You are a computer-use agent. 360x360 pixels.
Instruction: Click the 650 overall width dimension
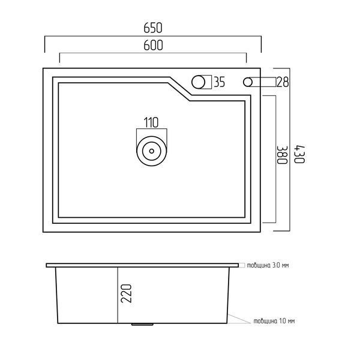(x=153, y=28)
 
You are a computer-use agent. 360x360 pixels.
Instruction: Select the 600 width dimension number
(x=153, y=45)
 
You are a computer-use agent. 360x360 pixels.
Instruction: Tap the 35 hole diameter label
(x=219, y=82)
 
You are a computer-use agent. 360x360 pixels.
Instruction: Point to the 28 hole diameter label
(x=283, y=82)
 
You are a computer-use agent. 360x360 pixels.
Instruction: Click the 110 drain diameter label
(x=151, y=122)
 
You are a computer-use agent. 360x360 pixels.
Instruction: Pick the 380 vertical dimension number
(x=282, y=155)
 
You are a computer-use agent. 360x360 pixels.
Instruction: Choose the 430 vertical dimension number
(x=299, y=154)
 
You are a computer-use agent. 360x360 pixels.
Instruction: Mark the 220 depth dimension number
(x=126, y=293)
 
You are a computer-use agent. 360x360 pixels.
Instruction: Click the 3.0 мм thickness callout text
(x=268, y=265)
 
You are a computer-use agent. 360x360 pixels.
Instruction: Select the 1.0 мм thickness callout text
(x=274, y=321)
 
